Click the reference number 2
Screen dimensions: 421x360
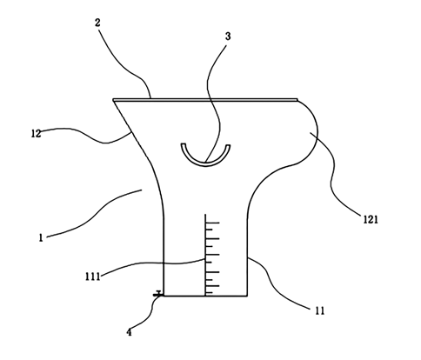(97, 23)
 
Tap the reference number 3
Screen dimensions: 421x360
(228, 37)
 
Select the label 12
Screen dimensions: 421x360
(36, 133)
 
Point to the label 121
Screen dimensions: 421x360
(371, 219)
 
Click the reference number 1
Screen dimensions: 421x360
(41, 238)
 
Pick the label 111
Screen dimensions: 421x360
(92, 277)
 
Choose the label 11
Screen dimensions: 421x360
(319, 311)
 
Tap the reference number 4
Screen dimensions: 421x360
(129, 332)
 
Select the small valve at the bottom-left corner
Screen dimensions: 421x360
(158, 294)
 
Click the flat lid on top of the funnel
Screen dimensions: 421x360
(205, 100)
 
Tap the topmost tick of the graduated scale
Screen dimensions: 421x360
(212, 223)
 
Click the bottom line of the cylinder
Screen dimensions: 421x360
(205, 296)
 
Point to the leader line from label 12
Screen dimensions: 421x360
(87, 136)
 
